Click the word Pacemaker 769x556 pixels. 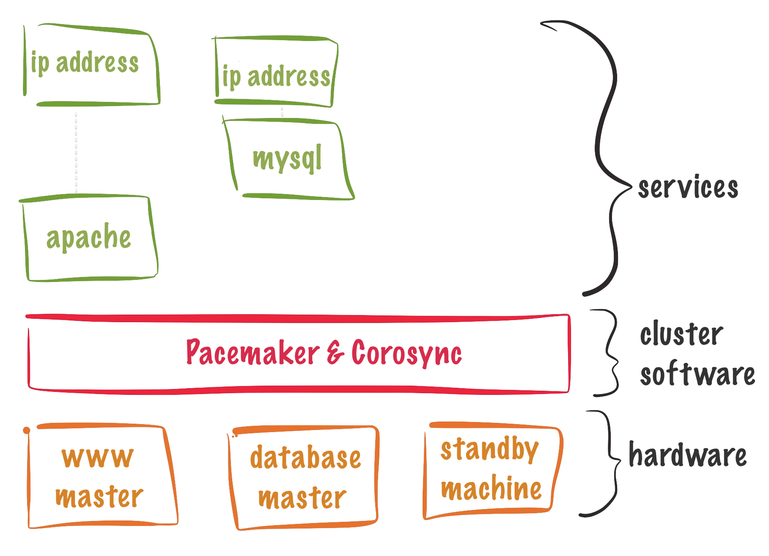pyautogui.click(x=253, y=352)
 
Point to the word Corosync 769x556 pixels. pyautogui.click(x=406, y=353)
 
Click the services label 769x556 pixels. pyautogui.click(x=688, y=187)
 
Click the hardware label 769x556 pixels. pyautogui.click(x=688, y=455)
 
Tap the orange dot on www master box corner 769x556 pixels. pyautogui.click(x=27, y=430)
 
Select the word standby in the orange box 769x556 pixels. pyautogui.click(x=490, y=449)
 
